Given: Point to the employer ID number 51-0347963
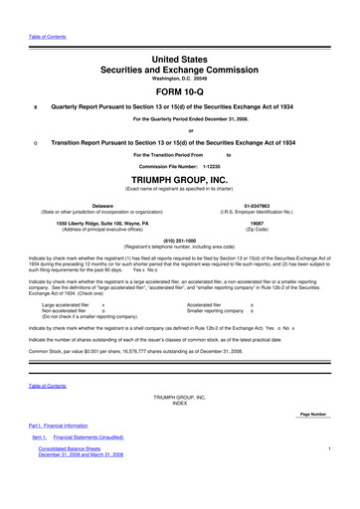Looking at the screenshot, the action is point(271,204).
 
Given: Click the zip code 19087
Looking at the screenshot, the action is point(271,225).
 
